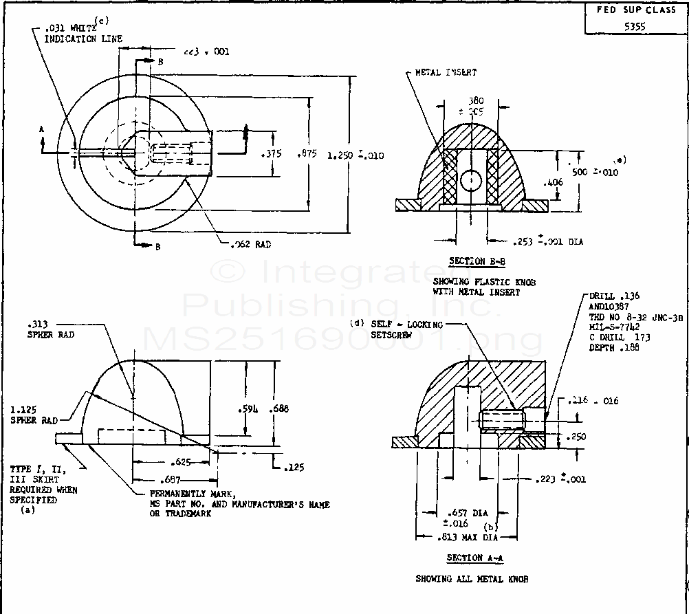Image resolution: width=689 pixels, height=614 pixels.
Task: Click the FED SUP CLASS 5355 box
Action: coord(635,19)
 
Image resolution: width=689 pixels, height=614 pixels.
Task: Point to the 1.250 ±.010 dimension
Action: coord(356,155)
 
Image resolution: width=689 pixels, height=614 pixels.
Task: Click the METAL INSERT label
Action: coord(446,72)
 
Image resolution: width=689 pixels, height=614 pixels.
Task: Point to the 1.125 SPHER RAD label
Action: coord(33,415)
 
